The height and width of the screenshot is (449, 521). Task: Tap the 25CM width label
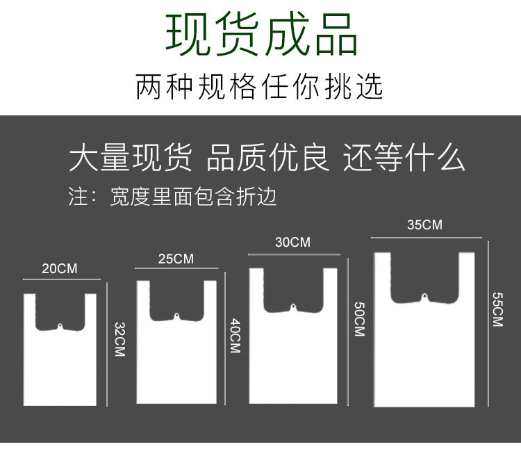point(176,259)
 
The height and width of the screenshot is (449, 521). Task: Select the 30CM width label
point(292,243)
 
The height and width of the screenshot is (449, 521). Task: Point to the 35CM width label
point(424,225)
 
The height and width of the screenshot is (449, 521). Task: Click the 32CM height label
point(119,340)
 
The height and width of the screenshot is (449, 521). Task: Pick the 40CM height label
point(234,335)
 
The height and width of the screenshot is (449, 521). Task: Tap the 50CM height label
point(358,319)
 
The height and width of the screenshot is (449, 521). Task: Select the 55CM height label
point(497,309)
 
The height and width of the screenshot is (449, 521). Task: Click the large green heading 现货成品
point(261,35)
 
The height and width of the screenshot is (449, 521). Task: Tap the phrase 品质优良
point(267,158)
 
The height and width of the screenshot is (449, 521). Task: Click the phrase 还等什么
point(404,158)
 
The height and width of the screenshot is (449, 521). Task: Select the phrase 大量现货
point(131,158)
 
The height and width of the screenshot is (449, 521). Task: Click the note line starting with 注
point(172,197)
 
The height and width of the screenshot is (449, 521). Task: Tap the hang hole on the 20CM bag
point(60,326)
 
